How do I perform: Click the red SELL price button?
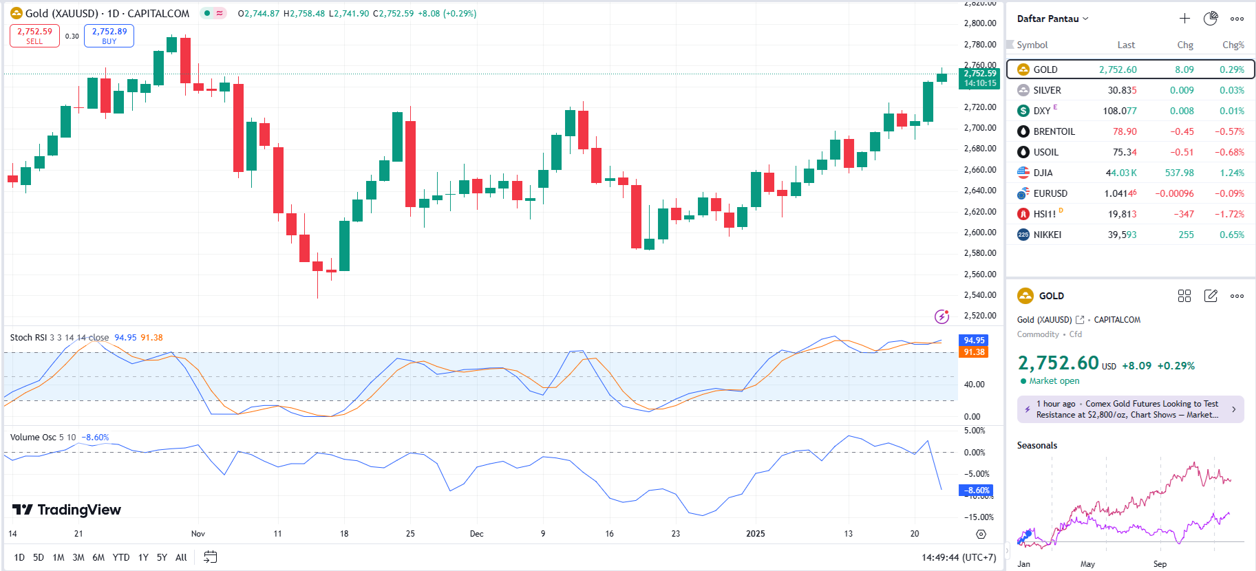[34, 36]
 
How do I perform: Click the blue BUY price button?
[109, 36]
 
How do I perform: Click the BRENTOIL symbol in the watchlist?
[1054, 131]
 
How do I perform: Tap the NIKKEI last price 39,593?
[1122, 235]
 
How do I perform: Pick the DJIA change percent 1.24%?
[1231, 173]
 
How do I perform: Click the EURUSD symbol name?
[1050, 193]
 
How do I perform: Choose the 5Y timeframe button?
[162, 557]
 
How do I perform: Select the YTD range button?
[121, 557]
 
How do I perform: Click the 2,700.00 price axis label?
[980, 128]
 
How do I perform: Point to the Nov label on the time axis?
[198, 534]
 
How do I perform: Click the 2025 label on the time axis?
[755, 534]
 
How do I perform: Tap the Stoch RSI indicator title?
[28, 338]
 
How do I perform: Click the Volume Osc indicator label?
[33, 438]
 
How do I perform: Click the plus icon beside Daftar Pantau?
[1184, 19]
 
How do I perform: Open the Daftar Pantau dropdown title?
[1052, 19]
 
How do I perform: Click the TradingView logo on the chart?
[67, 510]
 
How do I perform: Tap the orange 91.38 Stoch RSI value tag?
[974, 352]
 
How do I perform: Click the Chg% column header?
[1233, 45]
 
